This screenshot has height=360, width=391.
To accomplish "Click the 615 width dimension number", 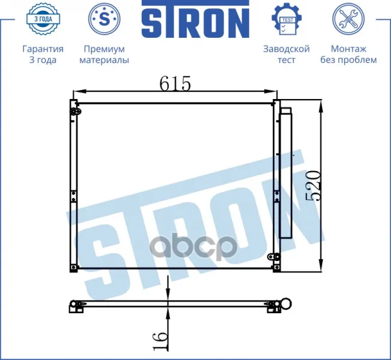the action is (175, 83).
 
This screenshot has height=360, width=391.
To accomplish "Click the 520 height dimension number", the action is (313, 186).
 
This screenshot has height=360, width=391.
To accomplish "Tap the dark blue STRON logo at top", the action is (196, 19).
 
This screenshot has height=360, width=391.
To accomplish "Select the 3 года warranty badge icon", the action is (43, 19).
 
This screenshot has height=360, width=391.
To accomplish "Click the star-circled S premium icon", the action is (105, 19).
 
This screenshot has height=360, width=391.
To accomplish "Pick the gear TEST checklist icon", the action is (286, 19).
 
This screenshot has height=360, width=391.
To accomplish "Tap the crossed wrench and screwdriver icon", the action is (348, 19).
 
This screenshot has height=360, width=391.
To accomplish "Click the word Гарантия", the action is (43, 49).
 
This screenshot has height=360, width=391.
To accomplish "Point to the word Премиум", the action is (104, 49).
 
